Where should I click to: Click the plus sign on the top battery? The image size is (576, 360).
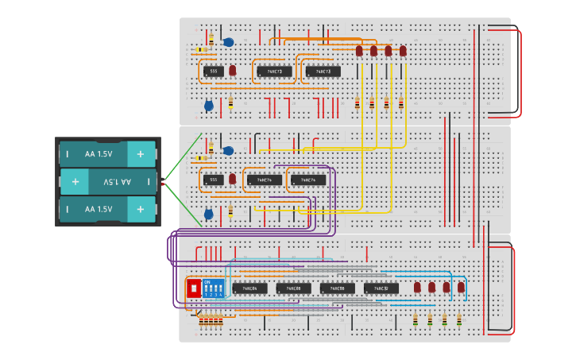(141, 153)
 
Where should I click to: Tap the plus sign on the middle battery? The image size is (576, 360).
(75, 182)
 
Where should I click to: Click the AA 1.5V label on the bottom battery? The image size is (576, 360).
(99, 209)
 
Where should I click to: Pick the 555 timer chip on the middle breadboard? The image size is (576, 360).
(212, 180)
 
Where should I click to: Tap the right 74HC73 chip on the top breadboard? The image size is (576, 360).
(323, 72)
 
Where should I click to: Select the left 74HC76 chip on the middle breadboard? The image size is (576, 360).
(264, 180)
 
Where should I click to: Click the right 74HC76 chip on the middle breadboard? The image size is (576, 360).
(307, 180)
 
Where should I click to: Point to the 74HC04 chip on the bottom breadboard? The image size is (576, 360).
(249, 288)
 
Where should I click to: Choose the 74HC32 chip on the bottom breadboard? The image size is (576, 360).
(381, 288)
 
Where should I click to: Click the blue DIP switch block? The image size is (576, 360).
(213, 288)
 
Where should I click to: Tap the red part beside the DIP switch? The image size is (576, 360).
(193, 288)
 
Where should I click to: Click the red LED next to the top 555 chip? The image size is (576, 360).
(233, 71)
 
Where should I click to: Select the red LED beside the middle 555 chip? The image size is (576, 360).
(233, 179)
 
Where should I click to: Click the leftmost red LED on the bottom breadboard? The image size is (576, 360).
(417, 287)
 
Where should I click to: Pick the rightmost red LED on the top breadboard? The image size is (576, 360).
(403, 51)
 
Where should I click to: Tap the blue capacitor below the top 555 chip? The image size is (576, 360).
(209, 106)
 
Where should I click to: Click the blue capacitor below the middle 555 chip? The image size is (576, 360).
(209, 214)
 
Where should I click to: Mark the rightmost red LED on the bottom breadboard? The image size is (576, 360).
(461, 287)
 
